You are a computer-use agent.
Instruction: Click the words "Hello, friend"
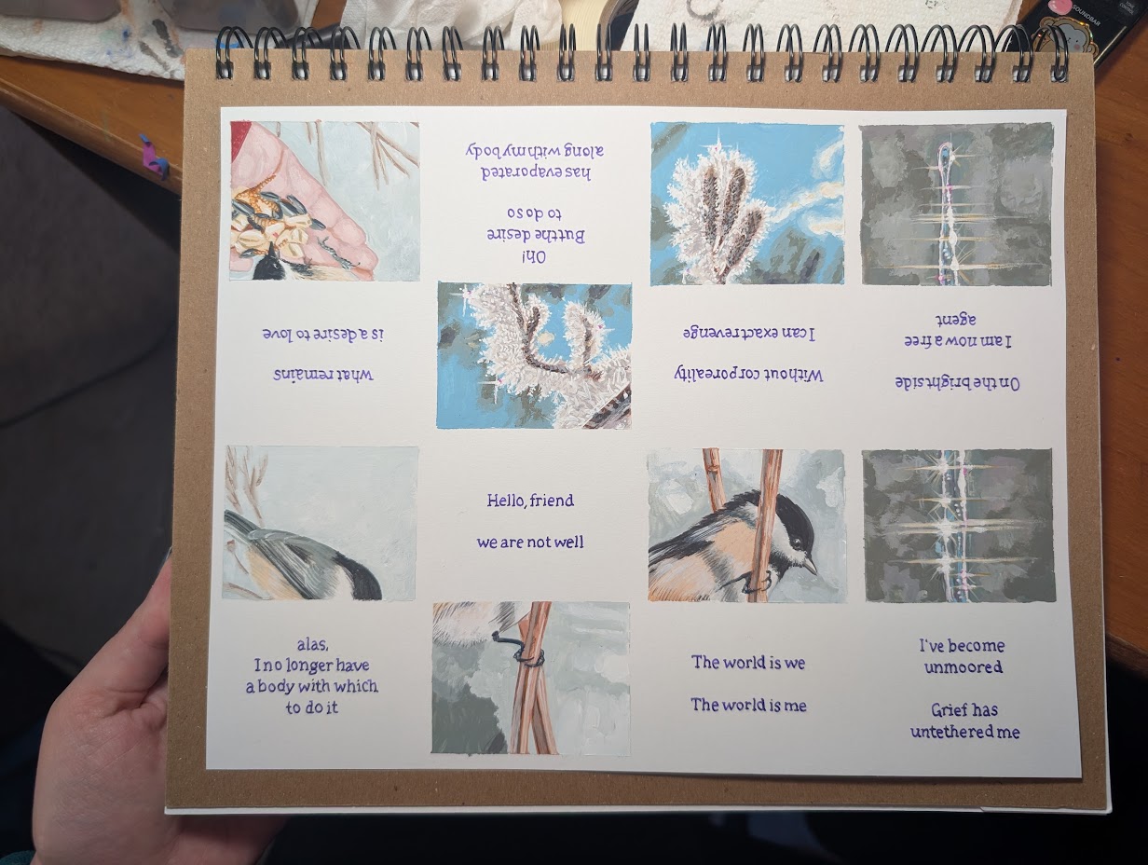pyautogui.click(x=530, y=501)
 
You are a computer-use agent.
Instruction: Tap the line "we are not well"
pyautogui.click(x=530, y=542)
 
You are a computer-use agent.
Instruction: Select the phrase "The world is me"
pyautogui.click(x=748, y=705)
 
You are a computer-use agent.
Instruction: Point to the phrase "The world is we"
pyautogui.click(x=748, y=662)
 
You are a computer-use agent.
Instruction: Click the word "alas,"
pyautogui.click(x=313, y=645)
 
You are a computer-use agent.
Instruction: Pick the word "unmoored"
pyautogui.click(x=963, y=667)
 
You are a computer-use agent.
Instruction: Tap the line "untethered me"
pyautogui.click(x=965, y=731)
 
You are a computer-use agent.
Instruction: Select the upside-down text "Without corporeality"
pyautogui.click(x=748, y=375)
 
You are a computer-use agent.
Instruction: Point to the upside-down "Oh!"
pyautogui.click(x=534, y=257)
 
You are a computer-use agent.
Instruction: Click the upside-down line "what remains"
pyautogui.click(x=322, y=375)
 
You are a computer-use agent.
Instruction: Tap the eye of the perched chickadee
pyautogui.click(x=797, y=544)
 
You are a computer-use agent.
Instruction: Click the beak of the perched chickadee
pyautogui.click(x=810, y=566)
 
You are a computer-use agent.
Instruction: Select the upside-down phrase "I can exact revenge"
pyautogui.click(x=749, y=333)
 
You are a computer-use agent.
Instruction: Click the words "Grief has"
pyautogui.click(x=964, y=709)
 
